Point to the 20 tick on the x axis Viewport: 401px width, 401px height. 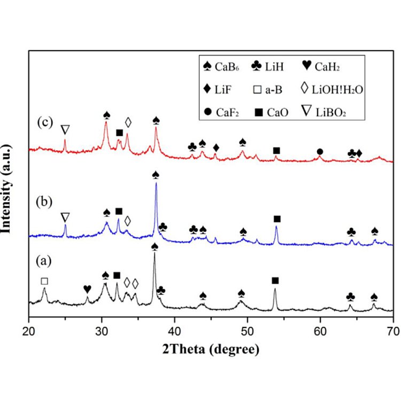click(29, 332)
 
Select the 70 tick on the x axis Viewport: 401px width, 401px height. click(393, 332)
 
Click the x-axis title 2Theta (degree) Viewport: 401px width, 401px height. click(211, 350)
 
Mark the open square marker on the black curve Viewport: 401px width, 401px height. click(44, 281)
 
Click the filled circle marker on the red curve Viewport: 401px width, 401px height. click(320, 152)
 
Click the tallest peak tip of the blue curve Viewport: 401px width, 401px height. click(156, 183)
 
